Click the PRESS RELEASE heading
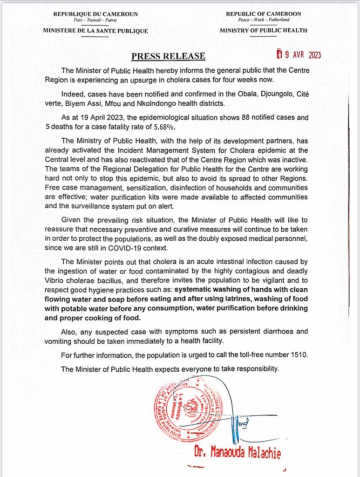tap(168, 56)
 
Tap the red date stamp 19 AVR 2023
tap(299, 55)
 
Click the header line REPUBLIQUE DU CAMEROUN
tap(95, 14)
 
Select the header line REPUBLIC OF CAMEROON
tap(263, 14)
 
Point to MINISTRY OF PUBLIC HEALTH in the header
tap(263, 31)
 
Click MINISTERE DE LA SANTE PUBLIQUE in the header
tap(95, 31)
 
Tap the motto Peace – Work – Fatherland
tap(263, 20)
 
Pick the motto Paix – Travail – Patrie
tap(95, 20)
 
